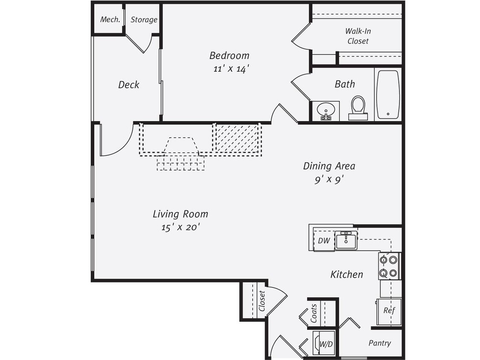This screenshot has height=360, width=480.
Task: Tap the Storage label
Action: pos(144,20)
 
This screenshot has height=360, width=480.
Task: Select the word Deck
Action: pos(128,85)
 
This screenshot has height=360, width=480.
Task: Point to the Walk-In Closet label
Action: pos(358,36)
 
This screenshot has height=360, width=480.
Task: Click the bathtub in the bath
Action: pos(388,94)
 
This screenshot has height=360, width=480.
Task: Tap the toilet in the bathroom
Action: pos(358,107)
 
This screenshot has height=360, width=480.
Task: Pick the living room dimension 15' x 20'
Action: pos(180,227)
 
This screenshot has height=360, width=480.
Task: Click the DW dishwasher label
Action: pos(324,241)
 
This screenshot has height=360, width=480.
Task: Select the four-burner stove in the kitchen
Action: pos(389,266)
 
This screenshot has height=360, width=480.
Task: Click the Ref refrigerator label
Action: pos(389,311)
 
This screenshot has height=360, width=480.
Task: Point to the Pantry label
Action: pos(379,343)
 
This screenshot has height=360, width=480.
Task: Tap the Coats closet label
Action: pos(314,313)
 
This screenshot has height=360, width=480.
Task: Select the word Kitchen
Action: pos(346,274)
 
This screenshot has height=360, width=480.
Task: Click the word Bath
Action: pos(344,84)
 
